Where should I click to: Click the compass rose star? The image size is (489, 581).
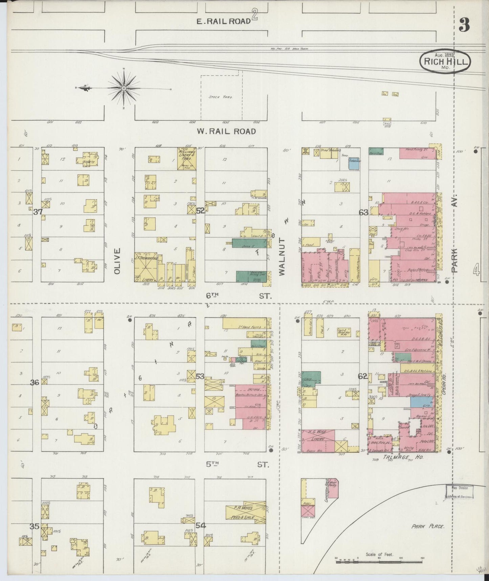tap(124, 88)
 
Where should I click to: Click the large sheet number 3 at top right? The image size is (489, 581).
tap(465, 24)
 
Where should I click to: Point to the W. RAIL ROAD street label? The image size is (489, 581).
tap(226, 131)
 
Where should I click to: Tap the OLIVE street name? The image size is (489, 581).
tap(117, 261)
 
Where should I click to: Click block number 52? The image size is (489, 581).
tap(200, 211)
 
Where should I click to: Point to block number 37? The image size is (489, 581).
tap(38, 212)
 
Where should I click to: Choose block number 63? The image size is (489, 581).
tap(363, 213)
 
